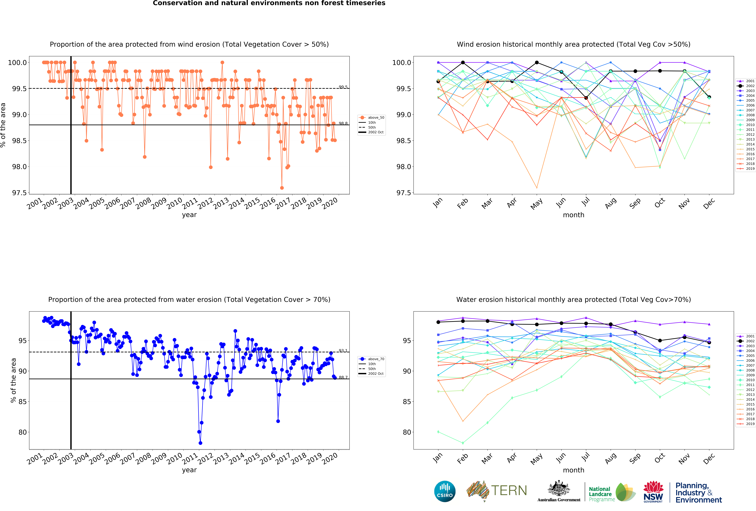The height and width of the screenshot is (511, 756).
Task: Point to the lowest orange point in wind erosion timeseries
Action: tap(282, 188)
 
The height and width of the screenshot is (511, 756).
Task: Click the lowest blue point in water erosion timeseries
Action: tap(200, 443)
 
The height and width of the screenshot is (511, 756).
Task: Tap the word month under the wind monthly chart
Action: tap(573, 215)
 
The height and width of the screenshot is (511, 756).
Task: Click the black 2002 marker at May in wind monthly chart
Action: tap(537, 62)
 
